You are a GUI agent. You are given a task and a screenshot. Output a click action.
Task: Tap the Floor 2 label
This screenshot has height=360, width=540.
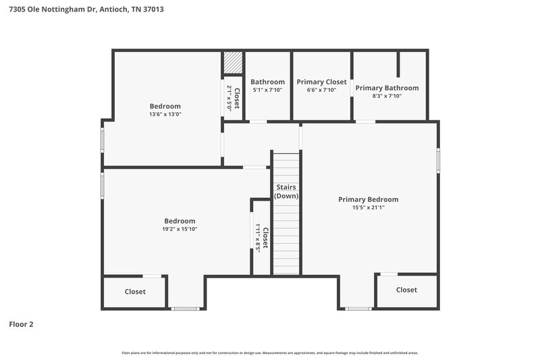pyautogui.click(x=21, y=324)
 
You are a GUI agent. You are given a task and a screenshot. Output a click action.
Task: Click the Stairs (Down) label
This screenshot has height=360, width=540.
pyautogui.click(x=286, y=191)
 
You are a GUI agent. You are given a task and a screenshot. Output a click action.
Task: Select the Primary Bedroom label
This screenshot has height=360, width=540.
pyautogui.click(x=368, y=199)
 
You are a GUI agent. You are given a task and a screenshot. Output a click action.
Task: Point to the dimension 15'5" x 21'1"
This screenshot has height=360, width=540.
pyautogui.click(x=368, y=208)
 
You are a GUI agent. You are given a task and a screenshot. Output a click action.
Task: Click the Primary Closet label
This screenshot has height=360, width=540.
pyautogui.click(x=321, y=82)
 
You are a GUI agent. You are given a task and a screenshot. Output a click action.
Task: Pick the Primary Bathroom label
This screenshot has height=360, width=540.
pyautogui.click(x=387, y=88)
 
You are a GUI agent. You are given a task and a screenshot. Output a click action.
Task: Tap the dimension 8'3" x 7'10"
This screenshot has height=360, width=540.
pyautogui.click(x=387, y=97)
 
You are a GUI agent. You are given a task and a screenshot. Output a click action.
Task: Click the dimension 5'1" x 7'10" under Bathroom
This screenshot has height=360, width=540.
pyautogui.click(x=268, y=90)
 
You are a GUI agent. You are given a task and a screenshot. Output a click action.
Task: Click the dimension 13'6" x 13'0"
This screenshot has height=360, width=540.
pyautogui.click(x=165, y=115)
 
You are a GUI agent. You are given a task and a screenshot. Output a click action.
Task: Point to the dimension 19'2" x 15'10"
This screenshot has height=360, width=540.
pyautogui.click(x=180, y=230)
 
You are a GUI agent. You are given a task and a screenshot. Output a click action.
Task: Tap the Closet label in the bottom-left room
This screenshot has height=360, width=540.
pyautogui.click(x=135, y=292)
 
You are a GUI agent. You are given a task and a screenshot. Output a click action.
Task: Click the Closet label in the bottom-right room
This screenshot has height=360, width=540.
pyautogui.click(x=406, y=290)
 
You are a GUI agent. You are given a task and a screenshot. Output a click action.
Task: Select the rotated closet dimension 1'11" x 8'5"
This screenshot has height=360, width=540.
pyautogui.click(x=259, y=238)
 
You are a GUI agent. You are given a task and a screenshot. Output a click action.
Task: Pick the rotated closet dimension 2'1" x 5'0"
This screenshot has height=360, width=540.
pyautogui.click(x=230, y=98)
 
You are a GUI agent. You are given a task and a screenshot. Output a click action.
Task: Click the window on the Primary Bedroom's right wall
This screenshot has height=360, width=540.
pyautogui.click(x=438, y=160)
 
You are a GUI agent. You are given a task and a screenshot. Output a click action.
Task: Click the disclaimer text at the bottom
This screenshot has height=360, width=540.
pyautogui.click(x=269, y=353)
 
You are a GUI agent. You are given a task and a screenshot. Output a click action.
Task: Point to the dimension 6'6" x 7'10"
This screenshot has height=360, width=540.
pyautogui.click(x=321, y=90)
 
